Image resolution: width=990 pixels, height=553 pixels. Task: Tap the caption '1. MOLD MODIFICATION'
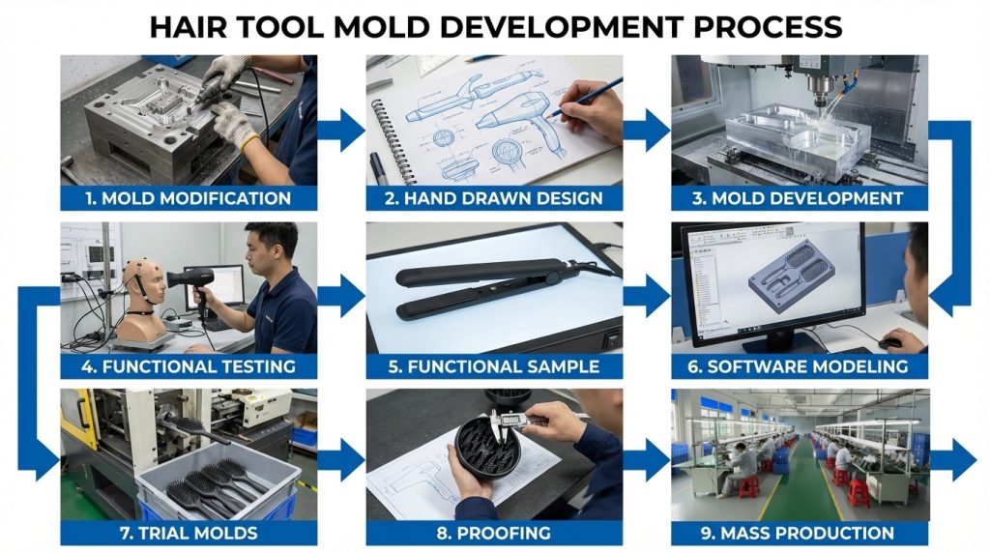[x=189, y=198]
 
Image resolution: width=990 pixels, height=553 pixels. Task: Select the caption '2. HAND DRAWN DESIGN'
[x=494, y=198]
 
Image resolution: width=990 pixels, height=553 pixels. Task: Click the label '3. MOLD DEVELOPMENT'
[x=798, y=198]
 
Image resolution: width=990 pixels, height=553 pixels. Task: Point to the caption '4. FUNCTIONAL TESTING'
[x=189, y=366]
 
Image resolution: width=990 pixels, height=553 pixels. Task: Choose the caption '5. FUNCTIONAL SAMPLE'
[x=494, y=366]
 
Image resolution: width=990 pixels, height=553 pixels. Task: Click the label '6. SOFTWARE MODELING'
[x=798, y=366]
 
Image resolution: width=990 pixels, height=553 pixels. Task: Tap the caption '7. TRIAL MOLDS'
[x=189, y=533]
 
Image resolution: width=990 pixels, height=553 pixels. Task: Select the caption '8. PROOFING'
[x=494, y=533]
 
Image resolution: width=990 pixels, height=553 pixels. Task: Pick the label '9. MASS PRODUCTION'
[x=798, y=533]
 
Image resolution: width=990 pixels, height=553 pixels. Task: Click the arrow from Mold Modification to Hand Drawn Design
[x=341, y=131]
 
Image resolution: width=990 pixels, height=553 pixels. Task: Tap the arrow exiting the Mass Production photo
[x=953, y=460]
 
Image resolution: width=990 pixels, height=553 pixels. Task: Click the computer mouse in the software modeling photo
[x=889, y=343]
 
